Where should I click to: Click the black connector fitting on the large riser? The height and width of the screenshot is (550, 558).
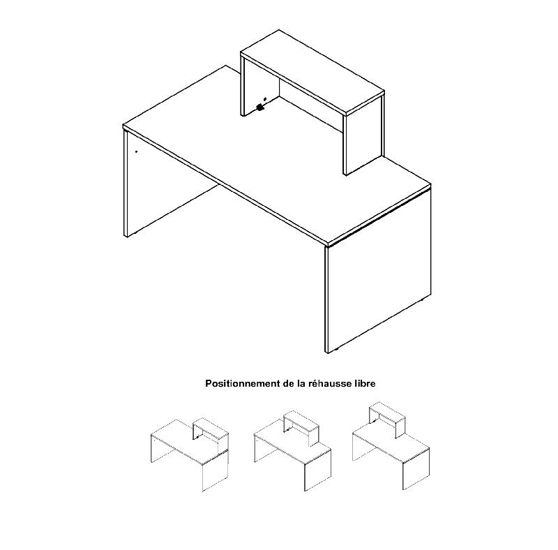[260, 107]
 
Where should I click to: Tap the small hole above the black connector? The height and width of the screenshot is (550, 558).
[264, 98]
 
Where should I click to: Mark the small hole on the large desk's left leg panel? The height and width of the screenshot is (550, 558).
[136, 151]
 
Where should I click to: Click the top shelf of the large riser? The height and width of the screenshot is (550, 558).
[312, 73]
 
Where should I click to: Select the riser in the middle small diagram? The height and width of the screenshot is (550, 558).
[301, 427]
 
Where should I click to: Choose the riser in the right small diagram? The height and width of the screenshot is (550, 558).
[387, 419]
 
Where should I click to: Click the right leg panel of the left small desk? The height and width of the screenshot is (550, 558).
[215, 470]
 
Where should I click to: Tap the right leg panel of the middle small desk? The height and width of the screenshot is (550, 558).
[318, 470]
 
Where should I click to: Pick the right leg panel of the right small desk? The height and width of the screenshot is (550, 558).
[416, 469]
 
